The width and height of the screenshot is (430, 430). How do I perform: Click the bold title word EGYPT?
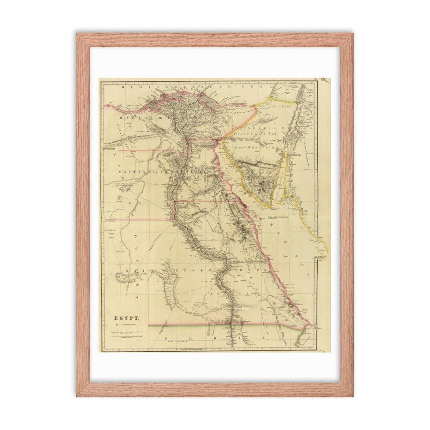click(123, 319)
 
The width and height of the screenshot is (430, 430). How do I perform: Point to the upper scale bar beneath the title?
click(125, 332)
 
